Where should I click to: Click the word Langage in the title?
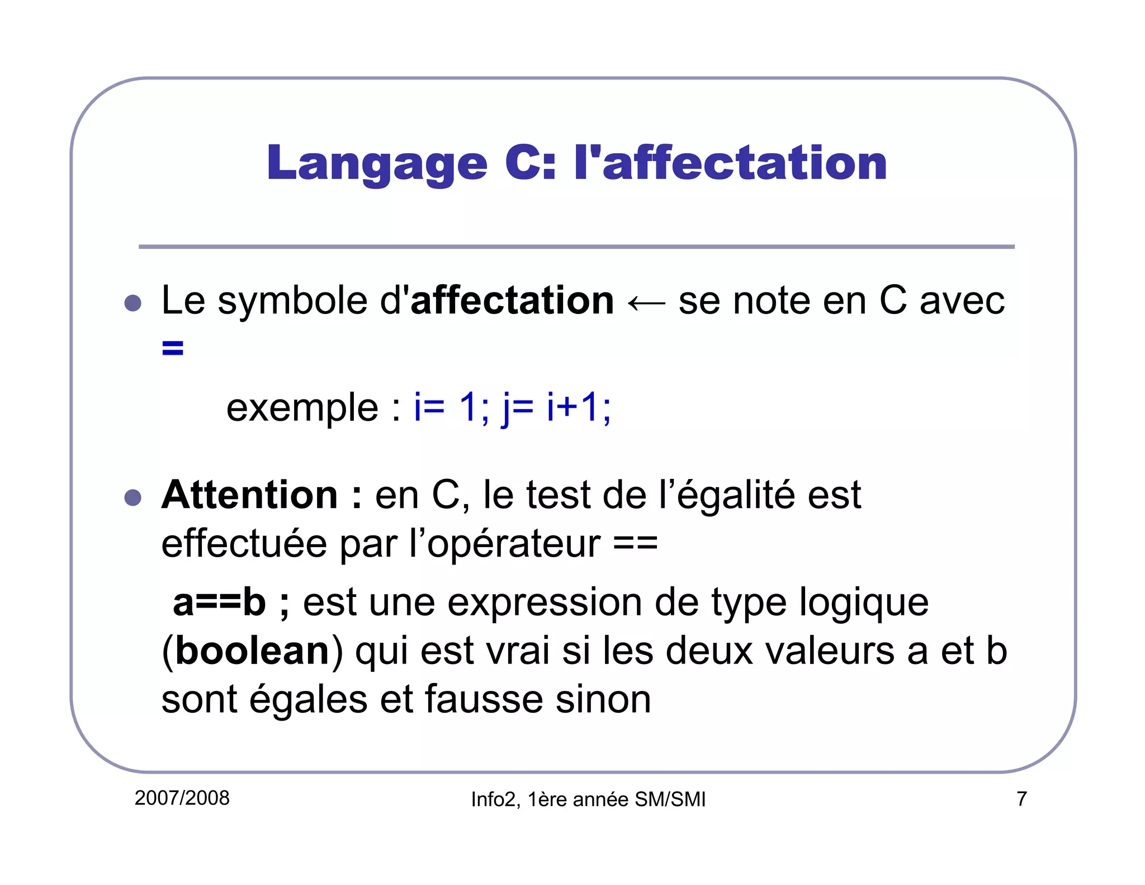click(x=377, y=163)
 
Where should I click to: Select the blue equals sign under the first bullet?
click(x=172, y=348)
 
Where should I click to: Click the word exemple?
click(x=302, y=407)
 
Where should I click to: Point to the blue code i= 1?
click(x=451, y=407)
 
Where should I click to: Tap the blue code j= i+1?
click(x=556, y=407)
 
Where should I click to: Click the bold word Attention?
click(x=249, y=495)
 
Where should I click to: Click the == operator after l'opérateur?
click(x=635, y=543)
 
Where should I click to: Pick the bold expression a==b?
click(x=219, y=602)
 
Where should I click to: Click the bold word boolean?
click(x=252, y=651)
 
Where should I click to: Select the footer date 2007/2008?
click(x=182, y=798)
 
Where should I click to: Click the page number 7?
click(x=1021, y=799)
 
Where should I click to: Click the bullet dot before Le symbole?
click(x=133, y=303)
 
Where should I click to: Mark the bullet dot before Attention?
click(x=133, y=497)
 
